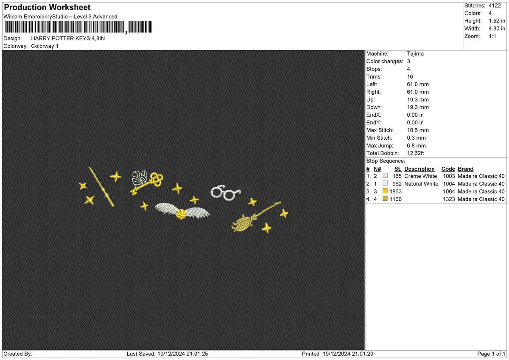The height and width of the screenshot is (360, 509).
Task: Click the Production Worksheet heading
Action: tap(47, 8)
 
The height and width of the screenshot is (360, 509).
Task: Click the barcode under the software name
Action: tap(78, 27)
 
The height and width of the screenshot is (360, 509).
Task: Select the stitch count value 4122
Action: tap(495, 6)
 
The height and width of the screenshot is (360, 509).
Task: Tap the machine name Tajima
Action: tap(415, 53)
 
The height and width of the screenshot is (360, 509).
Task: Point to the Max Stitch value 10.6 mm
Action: tap(418, 130)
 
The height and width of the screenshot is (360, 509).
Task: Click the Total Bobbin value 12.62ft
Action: tap(415, 153)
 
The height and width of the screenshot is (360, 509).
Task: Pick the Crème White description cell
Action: tap(420, 176)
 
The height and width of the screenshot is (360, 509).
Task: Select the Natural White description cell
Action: tap(421, 184)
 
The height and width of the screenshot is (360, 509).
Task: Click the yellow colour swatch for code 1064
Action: tap(385, 191)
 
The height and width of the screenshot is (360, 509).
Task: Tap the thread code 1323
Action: tap(449, 199)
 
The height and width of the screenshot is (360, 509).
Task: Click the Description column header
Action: tap(419, 169)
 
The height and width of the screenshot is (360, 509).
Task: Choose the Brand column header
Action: tap(465, 169)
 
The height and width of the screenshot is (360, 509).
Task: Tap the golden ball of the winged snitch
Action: tap(181, 214)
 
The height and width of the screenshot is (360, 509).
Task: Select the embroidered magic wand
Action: tap(101, 187)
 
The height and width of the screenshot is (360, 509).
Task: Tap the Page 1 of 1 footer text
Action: tap(491, 354)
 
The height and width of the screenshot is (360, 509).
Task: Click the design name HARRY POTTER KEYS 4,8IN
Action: tap(68, 39)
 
